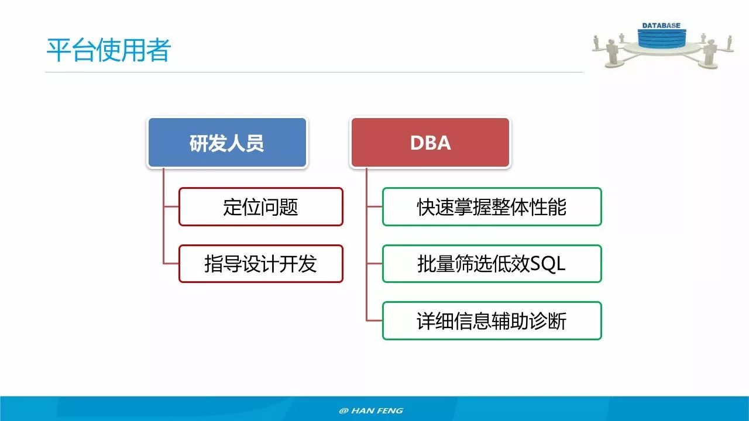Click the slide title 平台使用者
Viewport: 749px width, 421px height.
108,50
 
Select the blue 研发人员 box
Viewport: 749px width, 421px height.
227,143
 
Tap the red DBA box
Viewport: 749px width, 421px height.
430,143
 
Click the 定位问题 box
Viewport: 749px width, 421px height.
260,206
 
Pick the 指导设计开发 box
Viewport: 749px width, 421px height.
260,264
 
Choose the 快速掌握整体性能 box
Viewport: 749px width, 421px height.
492,206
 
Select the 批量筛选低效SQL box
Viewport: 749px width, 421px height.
492,264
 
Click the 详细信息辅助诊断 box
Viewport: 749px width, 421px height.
492,320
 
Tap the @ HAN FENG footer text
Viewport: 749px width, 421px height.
371,410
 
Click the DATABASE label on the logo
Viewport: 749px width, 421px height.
661,26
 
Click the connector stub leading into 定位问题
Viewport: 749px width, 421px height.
171,206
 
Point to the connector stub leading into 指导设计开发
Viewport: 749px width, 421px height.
171,264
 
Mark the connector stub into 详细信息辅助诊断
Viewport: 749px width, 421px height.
374,320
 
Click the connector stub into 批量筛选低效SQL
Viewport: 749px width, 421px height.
374,264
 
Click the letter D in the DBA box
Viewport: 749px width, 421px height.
416,143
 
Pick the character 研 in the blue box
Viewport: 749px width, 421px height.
199,143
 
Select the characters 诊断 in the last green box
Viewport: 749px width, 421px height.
548,320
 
